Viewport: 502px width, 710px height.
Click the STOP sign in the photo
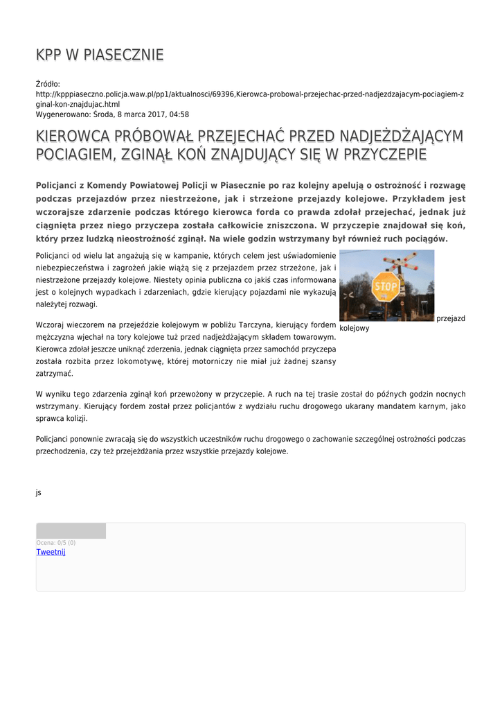(x=386, y=286)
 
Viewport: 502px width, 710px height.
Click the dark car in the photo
(x=376, y=313)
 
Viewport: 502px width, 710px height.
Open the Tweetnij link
(x=51, y=552)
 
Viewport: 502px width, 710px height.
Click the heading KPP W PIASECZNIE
(x=100, y=55)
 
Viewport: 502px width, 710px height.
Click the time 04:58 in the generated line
(x=177, y=114)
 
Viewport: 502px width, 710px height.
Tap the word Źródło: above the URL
(x=48, y=84)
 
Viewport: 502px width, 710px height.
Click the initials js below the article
(x=39, y=492)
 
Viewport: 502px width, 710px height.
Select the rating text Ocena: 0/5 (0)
(x=56, y=542)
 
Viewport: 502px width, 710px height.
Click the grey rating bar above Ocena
(x=71, y=531)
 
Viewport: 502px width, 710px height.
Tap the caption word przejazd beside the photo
(x=451, y=318)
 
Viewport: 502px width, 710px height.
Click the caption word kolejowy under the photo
(x=354, y=329)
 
